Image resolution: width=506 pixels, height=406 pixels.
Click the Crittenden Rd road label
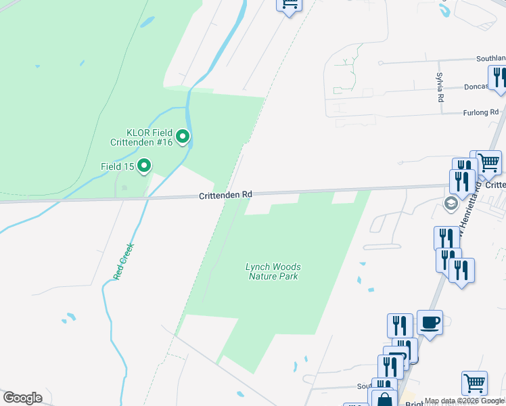[x=225, y=195]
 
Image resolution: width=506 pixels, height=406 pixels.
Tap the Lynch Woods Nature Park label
[x=273, y=271]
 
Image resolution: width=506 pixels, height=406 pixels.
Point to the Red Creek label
[x=125, y=261]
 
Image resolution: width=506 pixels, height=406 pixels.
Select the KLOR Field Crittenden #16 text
[x=141, y=137]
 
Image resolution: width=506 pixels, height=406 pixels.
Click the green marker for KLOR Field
[x=183, y=137]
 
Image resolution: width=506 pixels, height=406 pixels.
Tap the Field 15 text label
[x=117, y=166]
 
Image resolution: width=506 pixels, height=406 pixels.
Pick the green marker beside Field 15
[x=143, y=165]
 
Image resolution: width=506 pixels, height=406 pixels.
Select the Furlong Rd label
[x=480, y=112]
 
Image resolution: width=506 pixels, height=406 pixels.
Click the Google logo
[x=22, y=398]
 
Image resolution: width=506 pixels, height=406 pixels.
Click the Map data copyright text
[x=465, y=401]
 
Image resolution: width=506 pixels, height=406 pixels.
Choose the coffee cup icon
[x=430, y=322]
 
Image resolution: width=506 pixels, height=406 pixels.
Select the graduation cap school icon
[x=451, y=203]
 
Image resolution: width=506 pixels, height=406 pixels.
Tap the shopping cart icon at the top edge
[x=289, y=5]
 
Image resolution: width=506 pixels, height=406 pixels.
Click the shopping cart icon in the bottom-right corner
[x=474, y=382]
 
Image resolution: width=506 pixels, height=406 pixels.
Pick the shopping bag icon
[x=384, y=400]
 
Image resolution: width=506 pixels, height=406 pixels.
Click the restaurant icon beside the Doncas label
[x=499, y=77]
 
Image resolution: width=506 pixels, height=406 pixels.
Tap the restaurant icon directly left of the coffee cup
[x=400, y=325]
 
